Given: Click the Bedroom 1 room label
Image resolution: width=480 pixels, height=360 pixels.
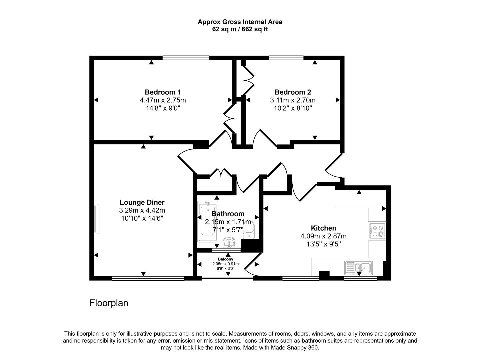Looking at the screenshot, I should (x=163, y=92).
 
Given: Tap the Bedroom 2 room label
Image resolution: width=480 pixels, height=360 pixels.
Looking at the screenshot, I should (x=293, y=92).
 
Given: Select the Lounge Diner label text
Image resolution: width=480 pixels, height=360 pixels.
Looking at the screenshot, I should (x=142, y=202).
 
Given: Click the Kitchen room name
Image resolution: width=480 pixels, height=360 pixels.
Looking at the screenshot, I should (x=323, y=228).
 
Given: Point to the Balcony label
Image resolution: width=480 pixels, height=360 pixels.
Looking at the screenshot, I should (x=225, y=259).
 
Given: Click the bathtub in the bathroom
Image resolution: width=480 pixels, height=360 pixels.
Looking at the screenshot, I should (x=208, y=222).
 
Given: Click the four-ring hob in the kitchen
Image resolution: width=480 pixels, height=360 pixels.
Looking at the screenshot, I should (x=377, y=231).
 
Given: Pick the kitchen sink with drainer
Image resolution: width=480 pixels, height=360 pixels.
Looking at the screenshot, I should (x=359, y=267).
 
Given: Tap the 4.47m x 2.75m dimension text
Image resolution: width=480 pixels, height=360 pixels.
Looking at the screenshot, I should (x=163, y=100).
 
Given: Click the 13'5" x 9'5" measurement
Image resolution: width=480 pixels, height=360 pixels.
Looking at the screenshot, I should (x=323, y=244).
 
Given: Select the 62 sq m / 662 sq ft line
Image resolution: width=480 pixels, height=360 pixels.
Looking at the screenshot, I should (x=240, y=29).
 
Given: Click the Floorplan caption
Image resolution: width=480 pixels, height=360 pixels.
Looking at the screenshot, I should (x=109, y=303).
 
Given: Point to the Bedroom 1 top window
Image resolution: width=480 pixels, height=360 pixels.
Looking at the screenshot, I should (x=186, y=58).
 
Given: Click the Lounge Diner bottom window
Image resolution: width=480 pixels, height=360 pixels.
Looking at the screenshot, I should (x=148, y=278).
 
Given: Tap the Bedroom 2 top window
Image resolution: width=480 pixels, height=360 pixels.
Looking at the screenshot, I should (x=286, y=58).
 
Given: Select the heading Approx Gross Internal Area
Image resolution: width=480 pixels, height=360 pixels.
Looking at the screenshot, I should (x=240, y=22).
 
